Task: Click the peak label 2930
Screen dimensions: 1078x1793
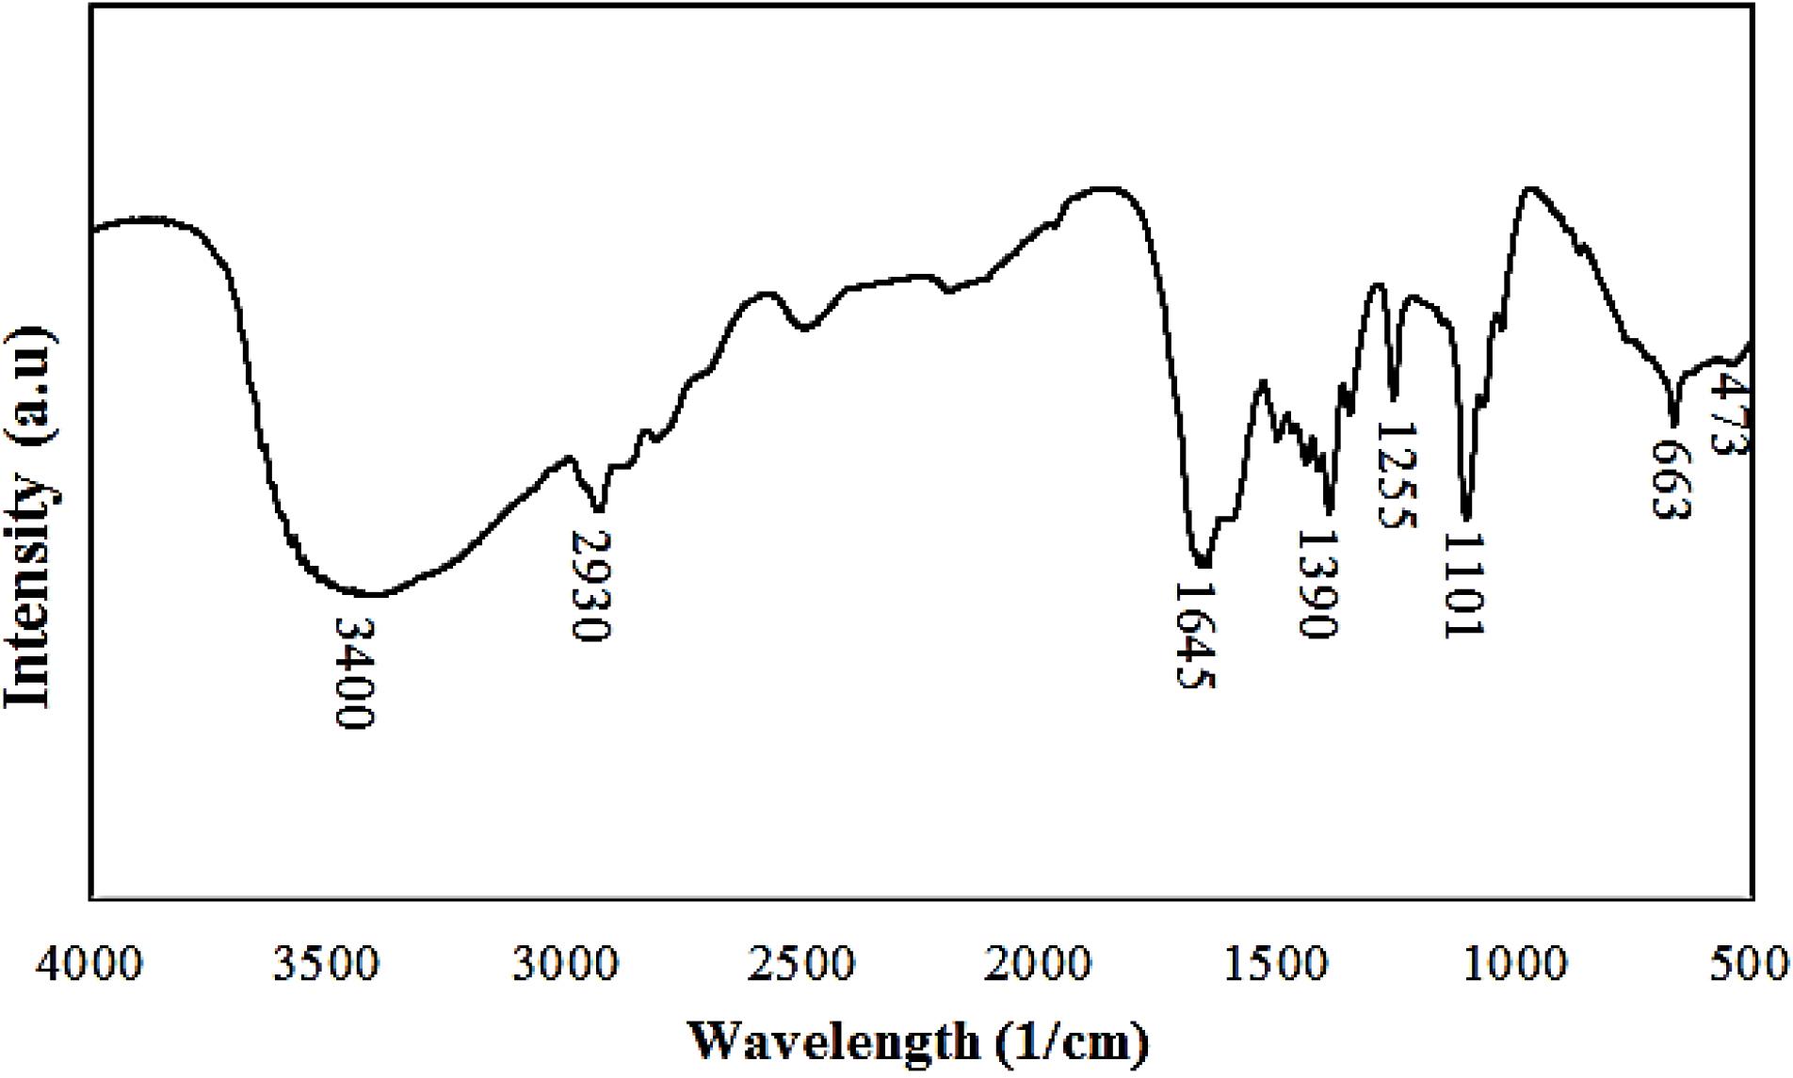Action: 592,585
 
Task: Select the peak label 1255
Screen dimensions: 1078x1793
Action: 1396,475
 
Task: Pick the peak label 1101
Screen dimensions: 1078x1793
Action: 1463,585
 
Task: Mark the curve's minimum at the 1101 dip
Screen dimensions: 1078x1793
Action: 1466,516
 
